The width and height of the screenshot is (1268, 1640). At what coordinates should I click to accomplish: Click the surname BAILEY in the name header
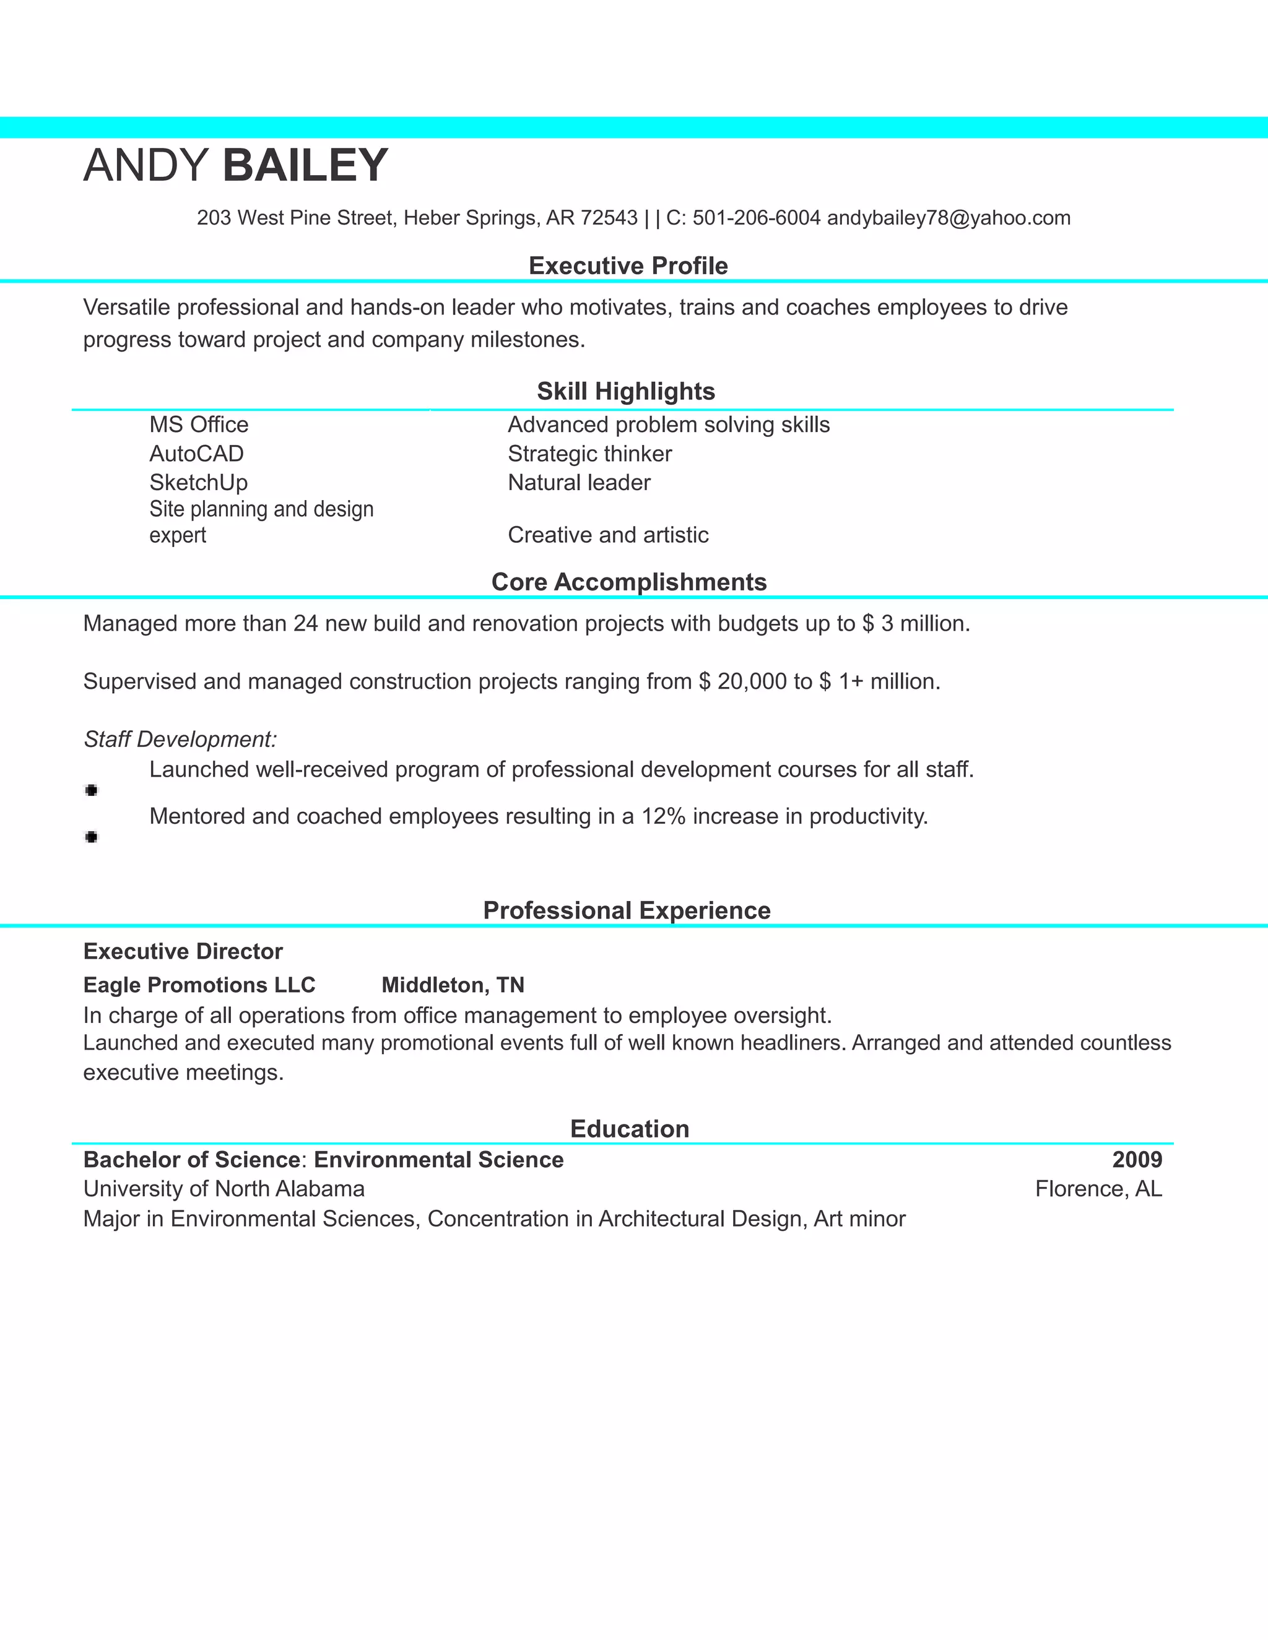pyautogui.click(x=305, y=166)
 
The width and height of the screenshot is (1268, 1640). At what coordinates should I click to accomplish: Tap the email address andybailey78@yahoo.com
pyautogui.click(x=948, y=218)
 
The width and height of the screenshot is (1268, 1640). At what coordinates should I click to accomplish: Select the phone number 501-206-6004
pyautogui.click(x=756, y=218)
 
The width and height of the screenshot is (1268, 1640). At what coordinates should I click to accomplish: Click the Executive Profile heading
pyautogui.click(x=628, y=266)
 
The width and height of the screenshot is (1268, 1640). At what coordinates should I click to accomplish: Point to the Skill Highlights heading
pyautogui.click(x=626, y=391)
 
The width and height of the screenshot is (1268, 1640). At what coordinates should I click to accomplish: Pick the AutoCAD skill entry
pyautogui.click(x=197, y=454)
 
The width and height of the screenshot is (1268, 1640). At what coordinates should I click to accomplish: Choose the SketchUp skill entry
pyautogui.click(x=198, y=483)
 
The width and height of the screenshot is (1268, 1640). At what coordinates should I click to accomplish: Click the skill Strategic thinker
pyautogui.click(x=589, y=454)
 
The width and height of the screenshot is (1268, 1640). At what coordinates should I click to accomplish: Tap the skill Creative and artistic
pyautogui.click(x=608, y=535)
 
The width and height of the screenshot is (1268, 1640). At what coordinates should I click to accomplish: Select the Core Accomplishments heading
pyautogui.click(x=629, y=582)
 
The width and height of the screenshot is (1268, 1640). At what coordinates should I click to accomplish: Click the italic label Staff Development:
pyautogui.click(x=180, y=740)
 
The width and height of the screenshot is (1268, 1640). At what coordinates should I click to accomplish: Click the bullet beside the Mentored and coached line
pyautogui.click(x=92, y=837)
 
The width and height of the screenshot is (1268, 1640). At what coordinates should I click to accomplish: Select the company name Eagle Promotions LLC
pyautogui.click(x=199, y=985)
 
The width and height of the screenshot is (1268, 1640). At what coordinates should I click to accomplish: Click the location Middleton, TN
pyautogui.click(x=453, y=985)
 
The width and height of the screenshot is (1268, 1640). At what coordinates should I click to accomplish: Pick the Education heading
pyautogui.click(x=630, y=1129)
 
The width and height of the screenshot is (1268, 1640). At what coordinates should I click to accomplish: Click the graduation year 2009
pyautogui.click(x=1137, y=1160)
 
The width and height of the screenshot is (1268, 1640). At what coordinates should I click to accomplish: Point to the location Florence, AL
pyautogui.click(x=1098, y=1189)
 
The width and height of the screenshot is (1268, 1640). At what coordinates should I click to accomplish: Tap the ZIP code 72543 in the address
pyautogui.click(x=609, y=218)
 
